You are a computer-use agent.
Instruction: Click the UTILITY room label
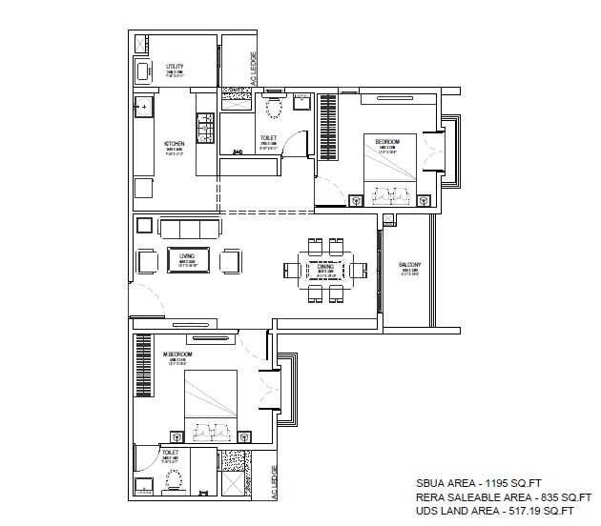[x=175, y=67]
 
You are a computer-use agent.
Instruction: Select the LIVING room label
[x=187, y=256]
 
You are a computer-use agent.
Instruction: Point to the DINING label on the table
[x=324, y=267]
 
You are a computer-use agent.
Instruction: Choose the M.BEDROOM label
[x=177, y=354]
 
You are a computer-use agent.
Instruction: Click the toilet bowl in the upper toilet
[x=274, y=110]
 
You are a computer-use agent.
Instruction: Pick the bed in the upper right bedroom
[x=388, y=172]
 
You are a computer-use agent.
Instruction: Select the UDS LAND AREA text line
[x=495, y=512]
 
